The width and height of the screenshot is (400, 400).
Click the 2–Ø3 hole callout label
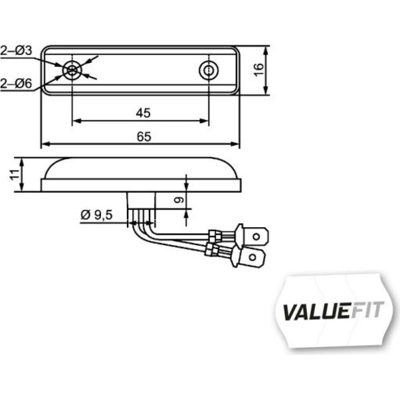16,50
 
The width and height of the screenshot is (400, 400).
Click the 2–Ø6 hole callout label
16,84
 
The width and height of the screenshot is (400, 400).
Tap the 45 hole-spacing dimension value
143,113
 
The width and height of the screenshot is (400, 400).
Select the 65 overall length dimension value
144,136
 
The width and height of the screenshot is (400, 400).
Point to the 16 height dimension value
258,70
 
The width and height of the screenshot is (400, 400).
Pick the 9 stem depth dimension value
179,199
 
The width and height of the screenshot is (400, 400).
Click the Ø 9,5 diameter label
96,215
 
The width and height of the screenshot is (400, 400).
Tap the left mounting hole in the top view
72,70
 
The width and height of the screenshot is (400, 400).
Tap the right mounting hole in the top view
208,70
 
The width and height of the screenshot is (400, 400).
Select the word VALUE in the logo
316,312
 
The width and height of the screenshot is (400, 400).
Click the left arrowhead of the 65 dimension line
45,144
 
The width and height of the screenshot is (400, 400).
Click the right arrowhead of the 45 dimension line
204,121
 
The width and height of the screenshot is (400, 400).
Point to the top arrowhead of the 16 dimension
266,50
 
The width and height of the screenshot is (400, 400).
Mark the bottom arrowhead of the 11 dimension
22,187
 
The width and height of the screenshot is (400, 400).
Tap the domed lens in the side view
141,168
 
